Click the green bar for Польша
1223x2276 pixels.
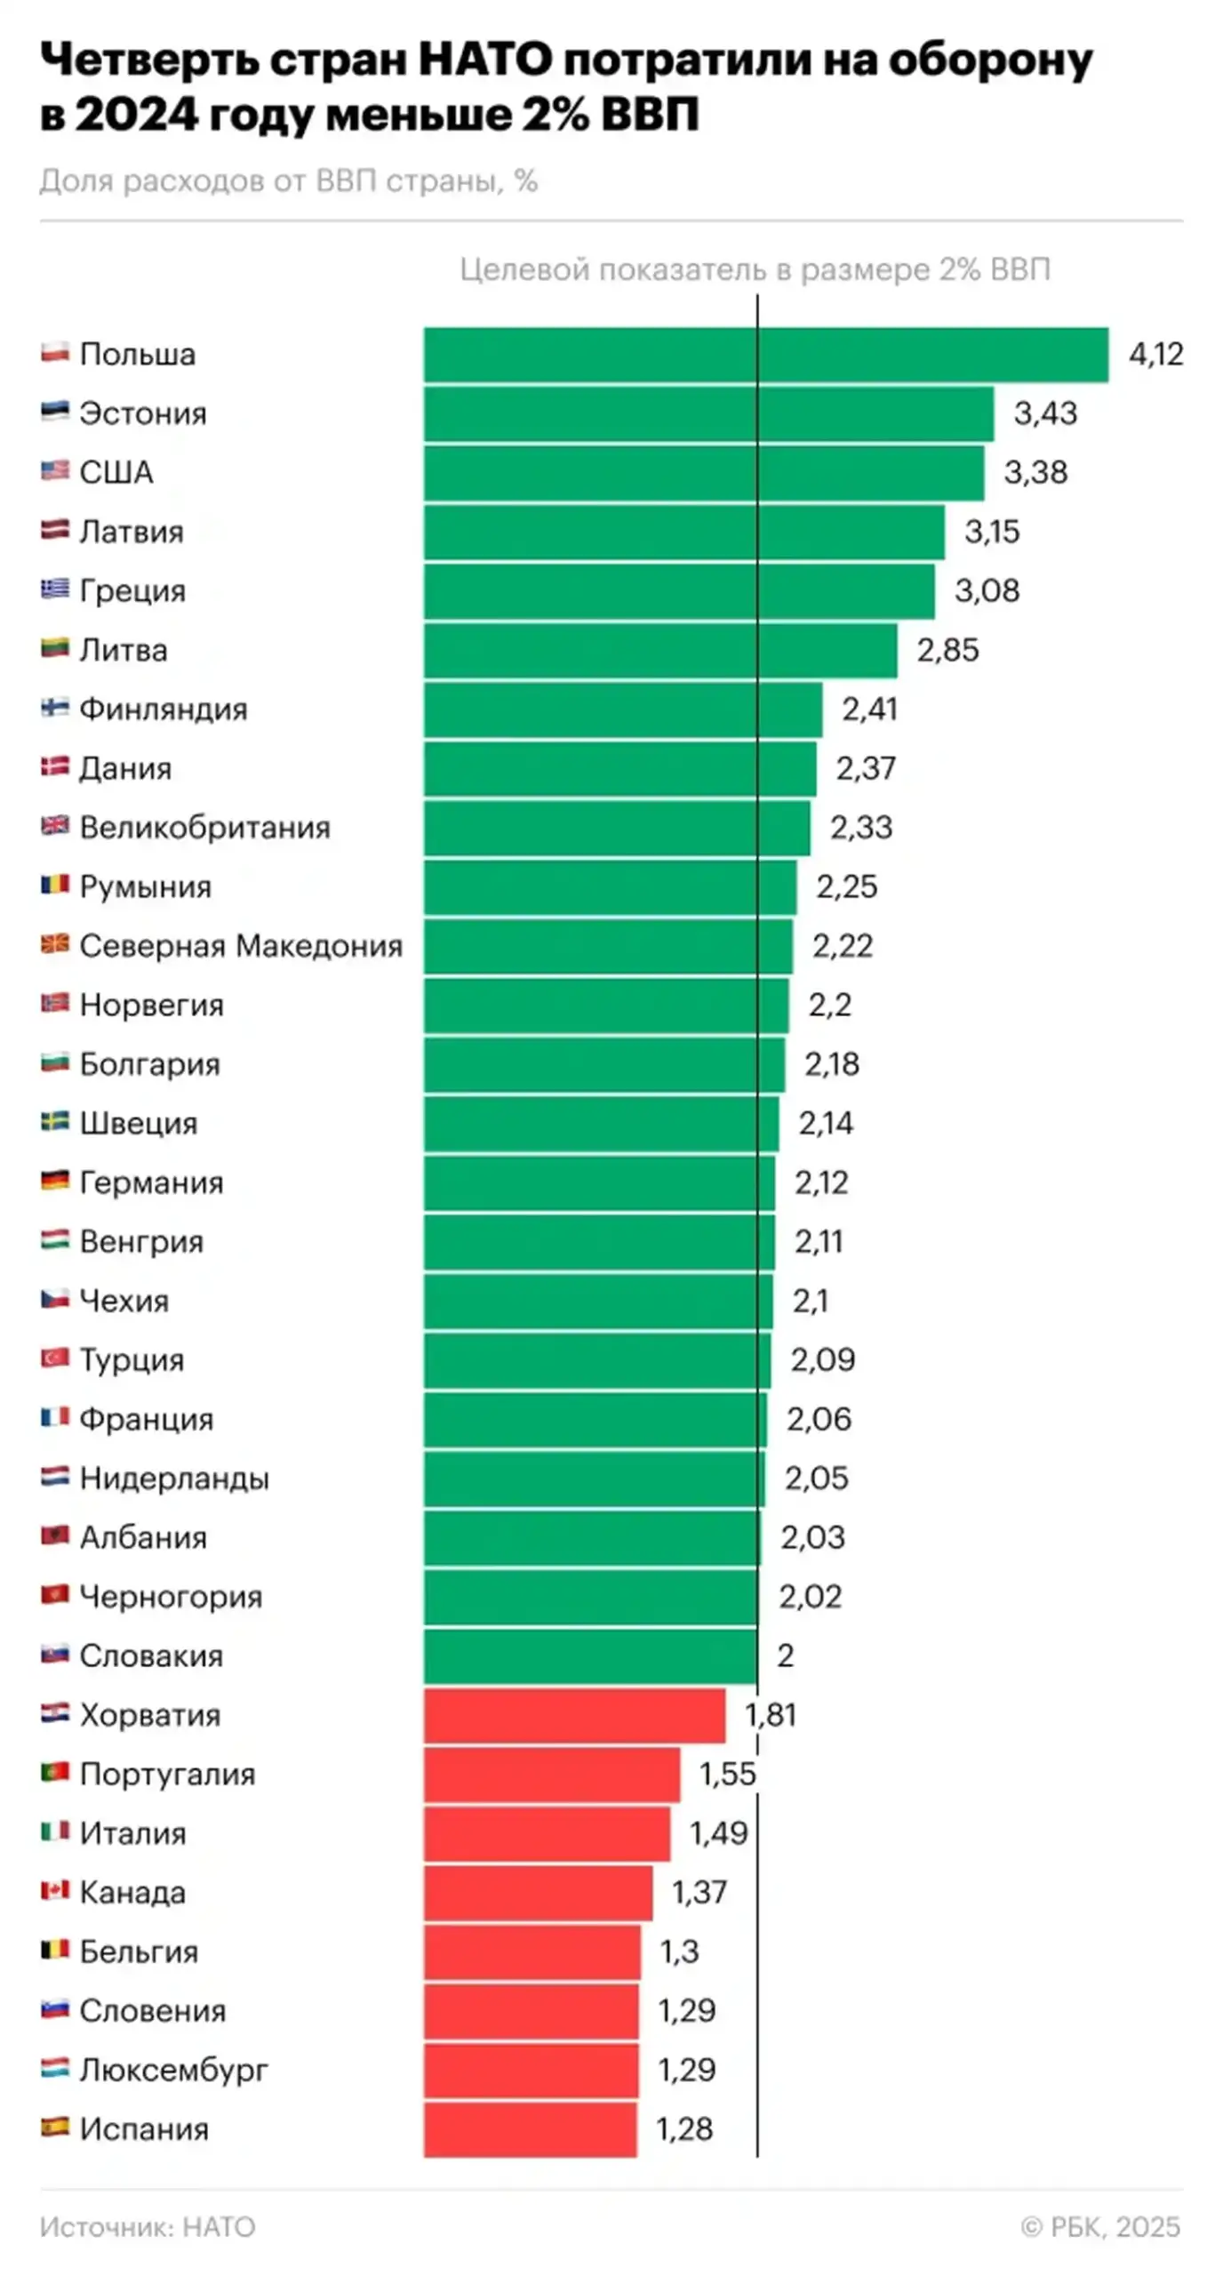764,355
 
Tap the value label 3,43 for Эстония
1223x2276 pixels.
1045,413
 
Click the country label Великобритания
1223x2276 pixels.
204,828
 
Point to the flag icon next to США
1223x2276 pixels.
55,471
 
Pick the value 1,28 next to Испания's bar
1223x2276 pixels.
684,2129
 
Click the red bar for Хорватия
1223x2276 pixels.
573,1715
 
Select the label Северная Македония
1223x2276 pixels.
241,946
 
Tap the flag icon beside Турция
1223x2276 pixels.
55,1358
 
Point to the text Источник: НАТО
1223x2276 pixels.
148,2227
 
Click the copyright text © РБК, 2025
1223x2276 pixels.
1100,2227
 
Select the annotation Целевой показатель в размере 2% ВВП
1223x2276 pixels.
755,269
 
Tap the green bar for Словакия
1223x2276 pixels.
590,1656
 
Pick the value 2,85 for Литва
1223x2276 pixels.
947,651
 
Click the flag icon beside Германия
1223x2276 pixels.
55,1182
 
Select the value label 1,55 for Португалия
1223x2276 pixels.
727,1775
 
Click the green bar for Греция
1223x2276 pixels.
679,591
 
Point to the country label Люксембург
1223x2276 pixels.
173,2071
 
